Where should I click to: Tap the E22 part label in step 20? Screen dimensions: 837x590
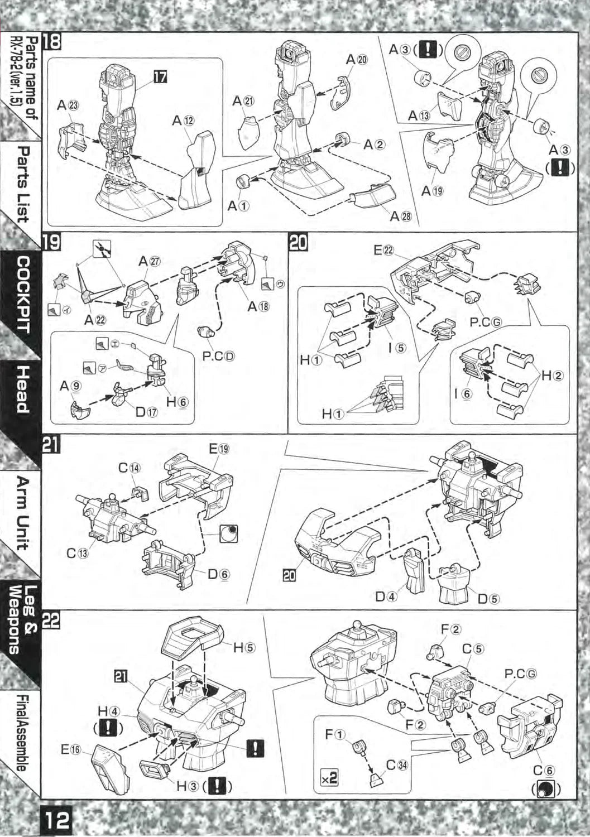[x=383, y=250]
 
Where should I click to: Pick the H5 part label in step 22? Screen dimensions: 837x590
[x=244, y=647]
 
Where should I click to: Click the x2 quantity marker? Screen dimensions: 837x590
[x=329, y=777]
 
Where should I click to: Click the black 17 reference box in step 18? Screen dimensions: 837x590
[x=160, y=78]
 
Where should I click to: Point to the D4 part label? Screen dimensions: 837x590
[x=386, y=597]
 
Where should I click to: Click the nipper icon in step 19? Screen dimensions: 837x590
[x=102, y=249]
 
